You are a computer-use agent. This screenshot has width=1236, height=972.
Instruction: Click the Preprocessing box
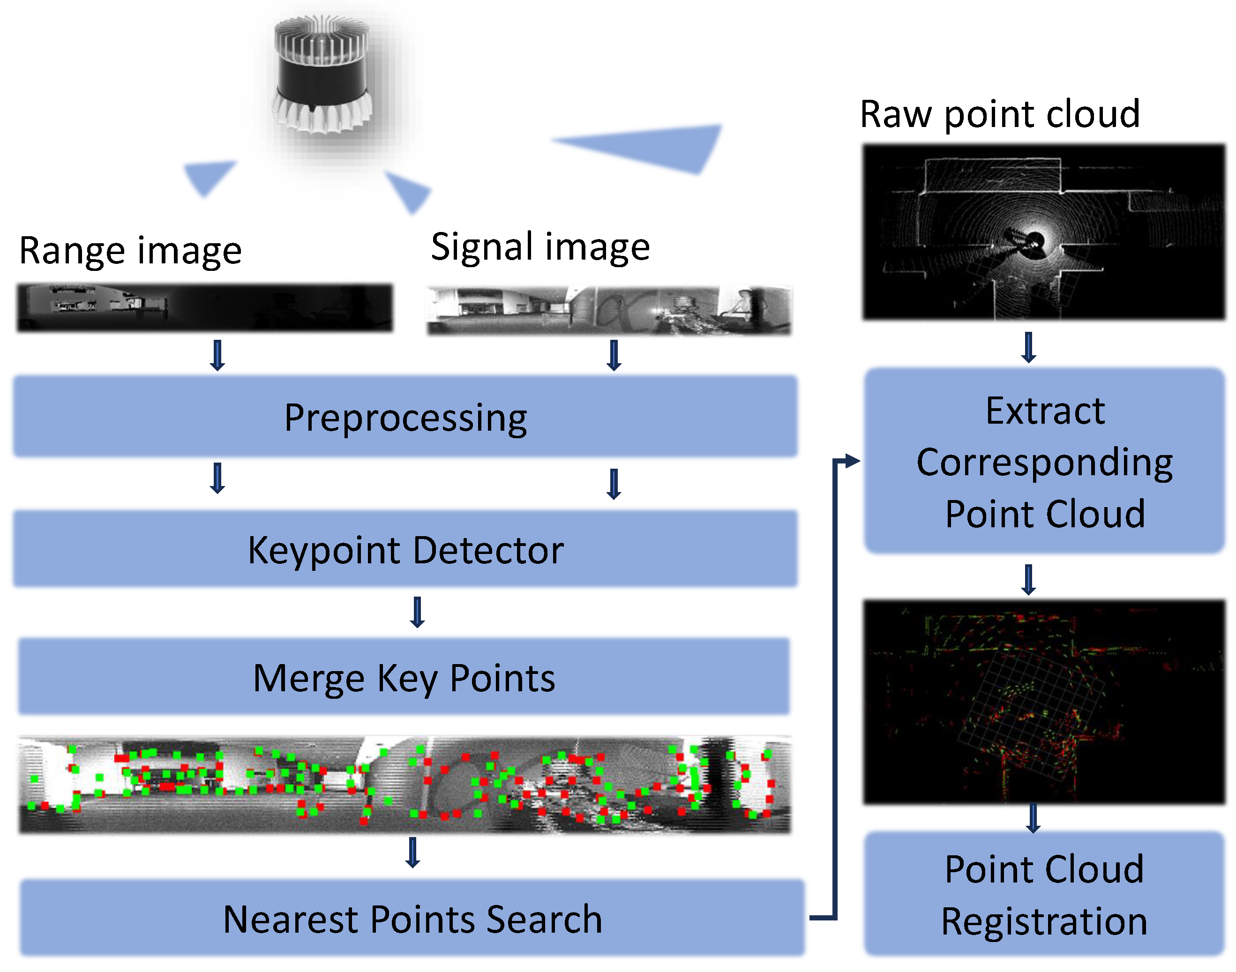click(x=405, y=417)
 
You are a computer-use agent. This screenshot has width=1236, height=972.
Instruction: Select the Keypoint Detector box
click(x=405, y=549)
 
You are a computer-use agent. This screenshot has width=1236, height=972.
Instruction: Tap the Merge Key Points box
click(x=404, y=677)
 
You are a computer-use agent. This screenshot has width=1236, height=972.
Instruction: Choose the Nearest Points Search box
click(x=412, y=918)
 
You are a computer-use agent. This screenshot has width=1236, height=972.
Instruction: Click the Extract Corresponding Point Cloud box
click(x=1044, y=461)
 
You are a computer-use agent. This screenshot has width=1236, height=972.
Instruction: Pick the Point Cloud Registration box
click(x=1044, y=894)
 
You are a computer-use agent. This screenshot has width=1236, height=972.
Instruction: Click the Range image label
click(x=130, y=250)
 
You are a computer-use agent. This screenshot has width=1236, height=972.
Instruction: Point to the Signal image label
click(x=540, y=247)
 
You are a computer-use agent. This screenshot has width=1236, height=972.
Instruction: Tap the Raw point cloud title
click(x=999, y=114)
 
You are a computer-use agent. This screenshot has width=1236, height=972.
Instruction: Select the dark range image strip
click(x=205, y=307)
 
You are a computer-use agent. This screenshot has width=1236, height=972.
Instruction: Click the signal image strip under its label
click(x=609, y=311)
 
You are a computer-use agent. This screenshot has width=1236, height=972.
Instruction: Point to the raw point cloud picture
click(x=1044, y=232)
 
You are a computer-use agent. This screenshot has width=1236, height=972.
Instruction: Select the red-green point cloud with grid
click(x=1044, y=702)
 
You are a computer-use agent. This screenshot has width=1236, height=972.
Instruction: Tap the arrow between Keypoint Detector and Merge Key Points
click(x=417, y=612)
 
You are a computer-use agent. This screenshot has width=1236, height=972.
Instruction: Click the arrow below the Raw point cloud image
click(x=1028, y=347)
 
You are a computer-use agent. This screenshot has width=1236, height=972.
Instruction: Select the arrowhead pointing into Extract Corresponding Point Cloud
click(x=852, y=460)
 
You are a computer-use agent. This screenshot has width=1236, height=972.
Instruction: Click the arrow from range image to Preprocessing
click(x=217, y=355)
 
